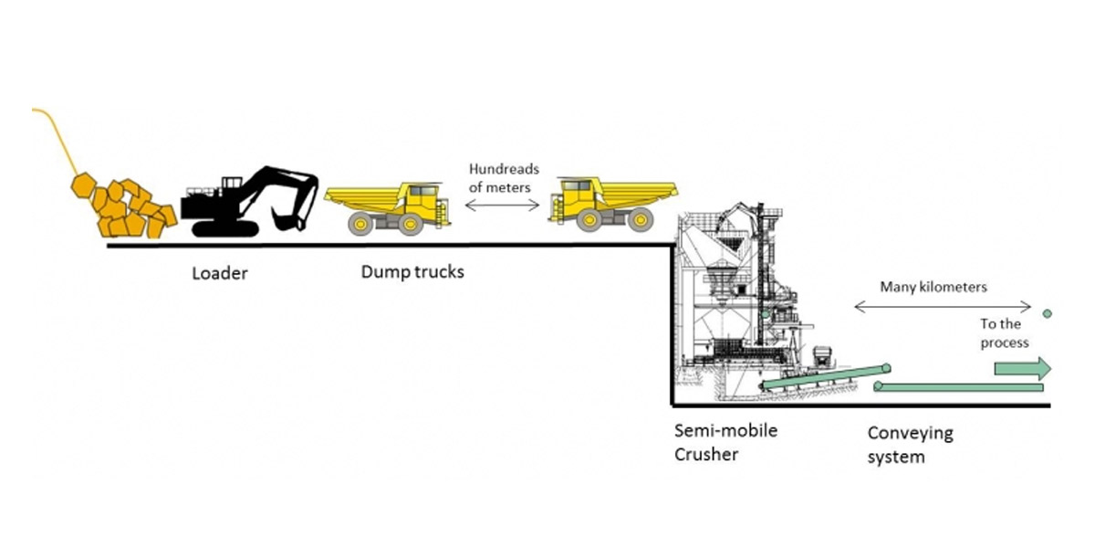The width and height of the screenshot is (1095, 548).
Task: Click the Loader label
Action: pyautogui.click(x=219, y=272)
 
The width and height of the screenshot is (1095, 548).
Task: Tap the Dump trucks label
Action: pyautogui.click(x=412, y=271)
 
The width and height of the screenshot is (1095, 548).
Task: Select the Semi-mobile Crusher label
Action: pyautogui.click(x=725, y=441)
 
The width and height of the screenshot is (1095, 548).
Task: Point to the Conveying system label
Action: pyautogui.click(x=910, y=445)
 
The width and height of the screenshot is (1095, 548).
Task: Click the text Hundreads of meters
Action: pyautogui.click(x=504, y=179)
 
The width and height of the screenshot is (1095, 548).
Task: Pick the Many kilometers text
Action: pyautogui.click(x=933, y=287)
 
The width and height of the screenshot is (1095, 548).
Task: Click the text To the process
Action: pyautogui.click(x=1004, y=333)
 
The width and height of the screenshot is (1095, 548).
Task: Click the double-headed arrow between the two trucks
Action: pyautogui.click(x=503, y=205)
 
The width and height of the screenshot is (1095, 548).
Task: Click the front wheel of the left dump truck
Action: pyautogui.click(x=411, y=224)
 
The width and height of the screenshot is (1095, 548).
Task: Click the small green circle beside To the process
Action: pyautogui.click(x=1047, y=313)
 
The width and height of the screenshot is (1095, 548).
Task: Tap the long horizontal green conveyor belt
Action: pyautogui.click(x=958, y=387)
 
